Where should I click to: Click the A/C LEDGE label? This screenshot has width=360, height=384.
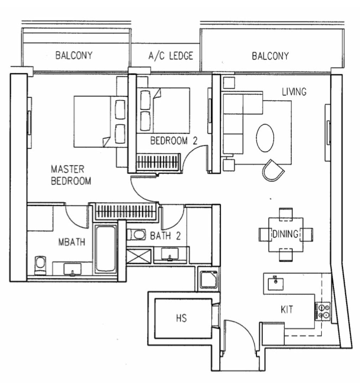click(171, 56)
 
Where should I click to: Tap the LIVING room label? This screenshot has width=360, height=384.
click(294, 92)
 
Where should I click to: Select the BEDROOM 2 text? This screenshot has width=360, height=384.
click(174, 141)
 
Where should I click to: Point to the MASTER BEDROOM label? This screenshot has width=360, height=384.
click(71, 175)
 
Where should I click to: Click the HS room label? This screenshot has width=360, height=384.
click(181, 318)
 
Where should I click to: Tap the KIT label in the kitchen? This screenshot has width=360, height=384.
click(287, 309)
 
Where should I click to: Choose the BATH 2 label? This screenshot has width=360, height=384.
click(165, 236)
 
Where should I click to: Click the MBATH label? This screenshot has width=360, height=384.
click(72, 242)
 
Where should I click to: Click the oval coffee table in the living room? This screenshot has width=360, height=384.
click(265, 138)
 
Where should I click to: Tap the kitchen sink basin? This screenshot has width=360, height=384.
click(276, 284)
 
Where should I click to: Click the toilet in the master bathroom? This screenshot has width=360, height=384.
click(40, 265)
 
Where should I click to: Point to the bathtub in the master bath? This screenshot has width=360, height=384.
click(106, 249)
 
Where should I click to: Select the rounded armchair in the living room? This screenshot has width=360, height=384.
click(273, 171)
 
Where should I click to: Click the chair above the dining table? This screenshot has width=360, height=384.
click(286, 214)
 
